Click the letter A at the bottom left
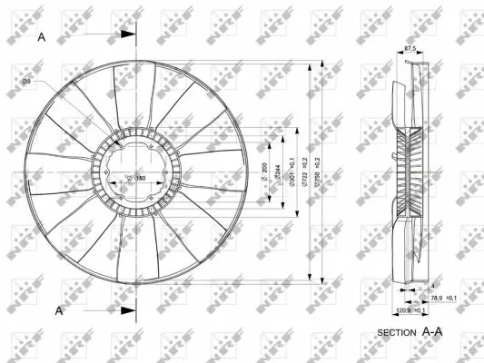pos(59,310)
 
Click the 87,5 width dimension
pos(410,49)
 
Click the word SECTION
pos(396,332)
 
